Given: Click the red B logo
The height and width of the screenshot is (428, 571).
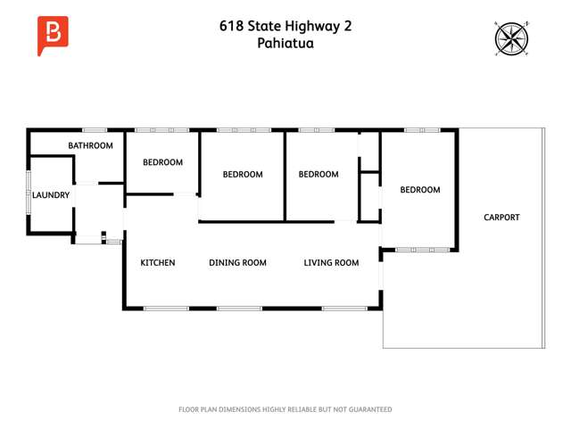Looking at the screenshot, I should (53, 34).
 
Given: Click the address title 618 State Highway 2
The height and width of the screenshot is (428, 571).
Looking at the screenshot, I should (285, 26).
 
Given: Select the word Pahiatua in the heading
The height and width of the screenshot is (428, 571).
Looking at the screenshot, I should (285, 43).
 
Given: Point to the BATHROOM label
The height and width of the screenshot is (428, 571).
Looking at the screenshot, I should (91, 145).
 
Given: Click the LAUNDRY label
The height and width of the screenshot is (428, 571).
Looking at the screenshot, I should (52, 194).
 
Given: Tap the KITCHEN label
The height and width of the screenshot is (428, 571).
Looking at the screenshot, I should (158, 263).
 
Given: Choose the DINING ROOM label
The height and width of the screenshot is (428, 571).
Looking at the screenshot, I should (238, 263).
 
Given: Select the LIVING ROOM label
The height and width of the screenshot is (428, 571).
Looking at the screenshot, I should (331, 263).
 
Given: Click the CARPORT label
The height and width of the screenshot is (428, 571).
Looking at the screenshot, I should (501, 218).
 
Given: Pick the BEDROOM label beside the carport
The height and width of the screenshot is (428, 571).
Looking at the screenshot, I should (420, 190).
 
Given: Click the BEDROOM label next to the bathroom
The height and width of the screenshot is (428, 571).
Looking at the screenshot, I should (163, 162).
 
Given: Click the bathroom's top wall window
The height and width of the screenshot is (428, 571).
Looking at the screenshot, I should (95, 130).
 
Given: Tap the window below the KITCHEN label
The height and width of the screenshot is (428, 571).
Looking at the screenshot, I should (166, 309).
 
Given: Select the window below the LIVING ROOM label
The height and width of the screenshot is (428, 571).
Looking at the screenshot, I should (344, 309).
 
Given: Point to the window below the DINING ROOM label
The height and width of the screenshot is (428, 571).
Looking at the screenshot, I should (239, 309).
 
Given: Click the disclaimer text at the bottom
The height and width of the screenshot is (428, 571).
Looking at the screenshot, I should (285, 409).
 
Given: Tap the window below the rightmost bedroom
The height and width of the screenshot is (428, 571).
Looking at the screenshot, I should (422, 250).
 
